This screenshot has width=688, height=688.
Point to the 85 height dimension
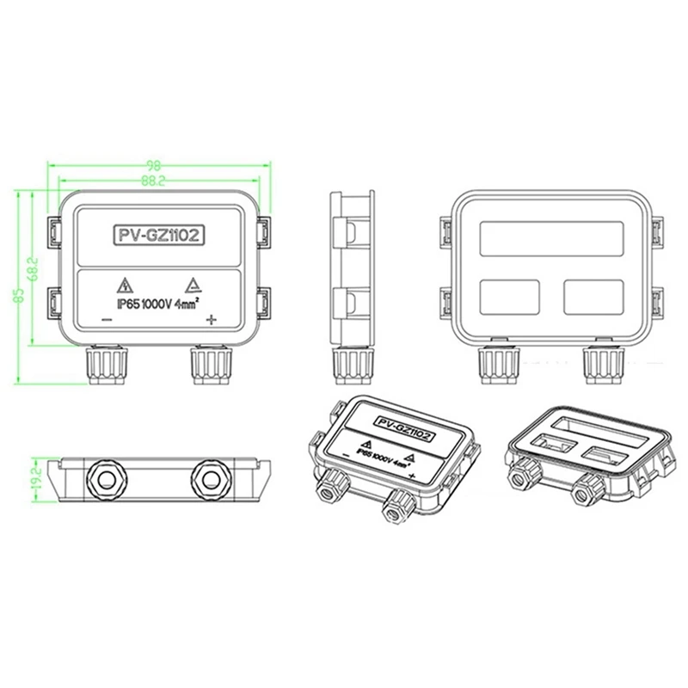(x=18, y=295)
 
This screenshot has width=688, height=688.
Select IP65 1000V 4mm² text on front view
(x=158, y=303)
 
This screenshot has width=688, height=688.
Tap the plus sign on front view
(x=211, y=321)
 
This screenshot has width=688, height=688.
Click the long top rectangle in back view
(x=550, y=236)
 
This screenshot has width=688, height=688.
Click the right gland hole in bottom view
(x=212, y=476)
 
